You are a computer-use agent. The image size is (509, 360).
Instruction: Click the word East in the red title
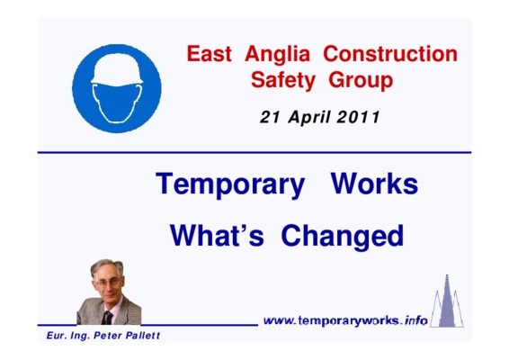[x=209, y=54]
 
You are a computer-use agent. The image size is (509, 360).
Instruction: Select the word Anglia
[x=278, y=56]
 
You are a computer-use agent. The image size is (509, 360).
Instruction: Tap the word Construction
[x=390, y=54]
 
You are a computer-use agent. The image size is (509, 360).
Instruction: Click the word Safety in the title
[x=282, y=81]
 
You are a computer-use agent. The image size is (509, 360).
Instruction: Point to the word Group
[x=361, y=81]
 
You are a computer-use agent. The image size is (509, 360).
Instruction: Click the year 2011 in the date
[x=358, y=117]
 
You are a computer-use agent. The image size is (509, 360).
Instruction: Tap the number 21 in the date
[x=270, y=117]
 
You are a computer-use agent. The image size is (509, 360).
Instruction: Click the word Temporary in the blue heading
[x=230, y=185]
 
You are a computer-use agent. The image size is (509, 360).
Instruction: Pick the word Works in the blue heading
[x=374, y=184]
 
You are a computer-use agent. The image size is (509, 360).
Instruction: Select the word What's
[x=217, y=236]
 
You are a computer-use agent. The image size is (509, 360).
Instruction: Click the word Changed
[x=343, y=238]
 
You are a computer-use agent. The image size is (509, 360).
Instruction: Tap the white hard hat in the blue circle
[x=117, y=69]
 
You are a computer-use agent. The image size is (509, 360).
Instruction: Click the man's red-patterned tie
[x=107, y=318]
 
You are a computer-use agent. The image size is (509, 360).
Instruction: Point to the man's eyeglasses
[x=107, y=283]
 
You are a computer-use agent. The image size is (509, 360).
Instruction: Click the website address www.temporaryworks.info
[x=345, y=321]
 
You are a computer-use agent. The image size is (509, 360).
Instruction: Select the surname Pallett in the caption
[x=143, y=336]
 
